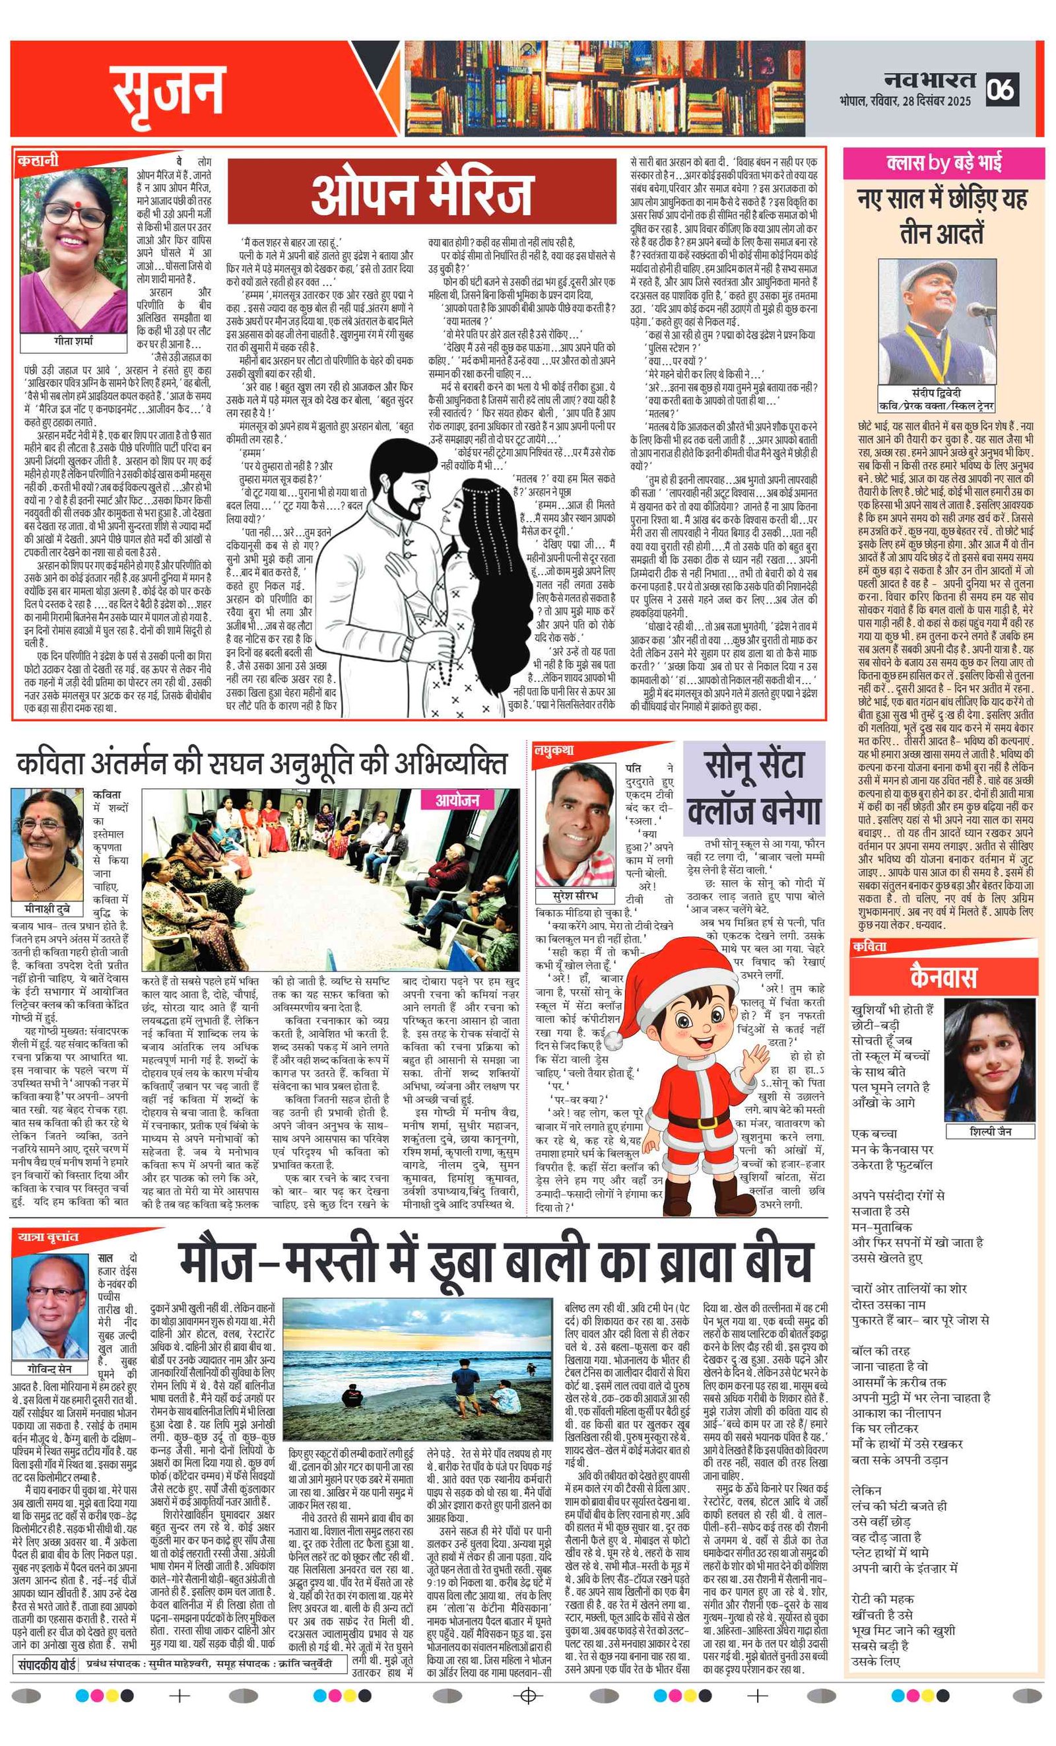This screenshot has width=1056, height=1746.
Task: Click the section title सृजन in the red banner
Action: tap(168, 90)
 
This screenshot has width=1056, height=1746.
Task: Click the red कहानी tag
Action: tap(38, 161)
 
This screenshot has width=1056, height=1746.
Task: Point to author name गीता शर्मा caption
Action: tap(74, 341)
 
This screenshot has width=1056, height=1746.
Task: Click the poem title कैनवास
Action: tap(942, 977)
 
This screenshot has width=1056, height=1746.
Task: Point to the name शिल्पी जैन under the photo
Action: tap(990, 1131)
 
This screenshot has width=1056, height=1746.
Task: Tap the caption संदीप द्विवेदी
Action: tap(937, 392)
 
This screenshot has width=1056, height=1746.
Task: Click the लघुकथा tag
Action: tap(554, 750)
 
